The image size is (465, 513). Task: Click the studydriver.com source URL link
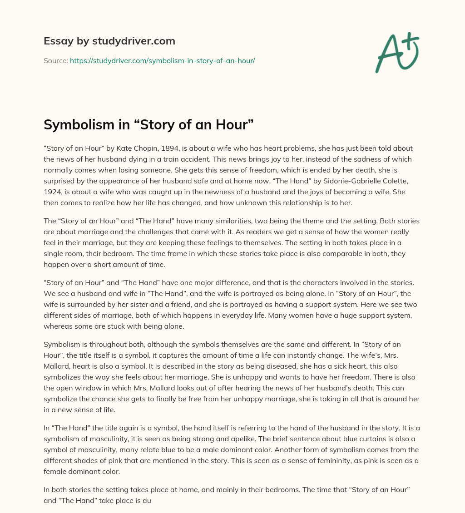[x=162, y=60]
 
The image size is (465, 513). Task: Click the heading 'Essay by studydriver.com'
[x=109, y=41]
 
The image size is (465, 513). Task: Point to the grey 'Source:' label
[x=55, y=60]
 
